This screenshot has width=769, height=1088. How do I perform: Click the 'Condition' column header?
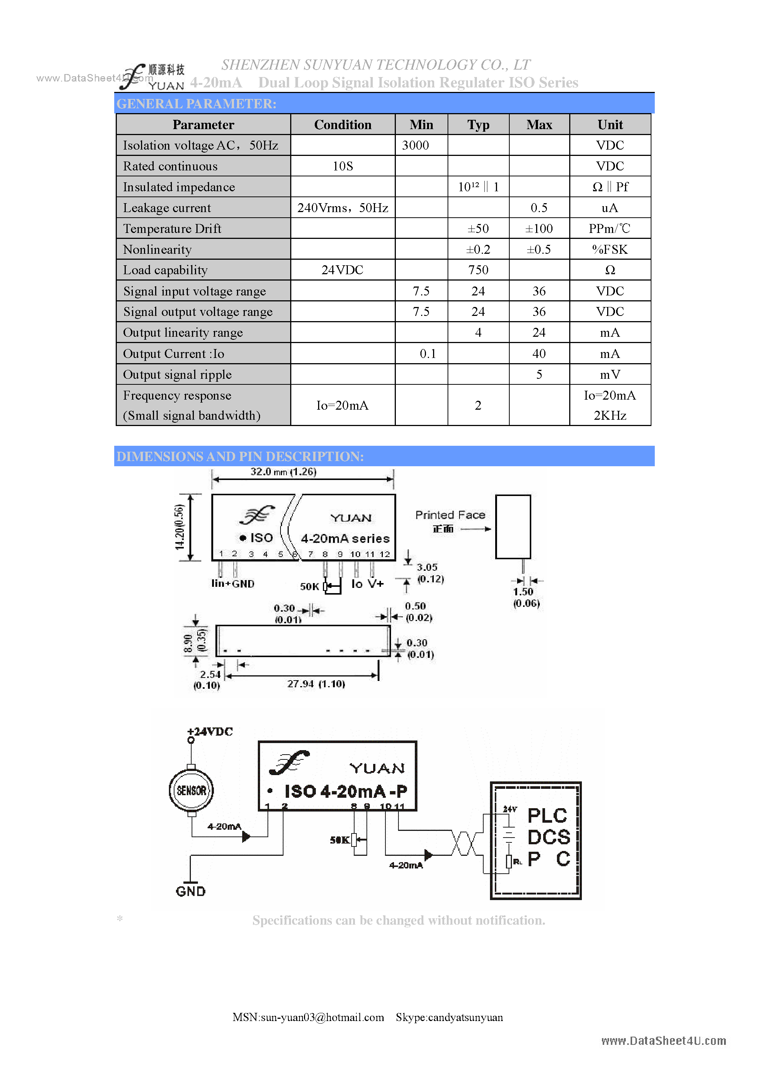click(343, 125)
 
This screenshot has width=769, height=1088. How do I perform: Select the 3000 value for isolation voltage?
click(415, 145)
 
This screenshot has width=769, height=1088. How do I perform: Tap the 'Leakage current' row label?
click(167, 208)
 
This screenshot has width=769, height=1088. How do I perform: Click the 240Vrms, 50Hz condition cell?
click(343, 208)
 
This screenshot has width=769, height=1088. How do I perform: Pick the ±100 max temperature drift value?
click(539, 229)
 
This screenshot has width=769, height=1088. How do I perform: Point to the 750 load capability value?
click(478, 270)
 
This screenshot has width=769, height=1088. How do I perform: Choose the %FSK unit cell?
click(610, 250)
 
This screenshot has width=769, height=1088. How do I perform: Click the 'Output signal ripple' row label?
click(177, 375)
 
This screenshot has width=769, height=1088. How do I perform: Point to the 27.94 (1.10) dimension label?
click(316, 684)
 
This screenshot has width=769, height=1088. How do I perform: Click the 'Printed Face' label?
click(450, 515)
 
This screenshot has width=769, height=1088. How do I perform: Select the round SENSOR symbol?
click(192, 790)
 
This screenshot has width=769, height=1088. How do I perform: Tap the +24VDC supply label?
click(210, 732)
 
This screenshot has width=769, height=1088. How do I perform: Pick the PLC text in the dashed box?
click(547, 816)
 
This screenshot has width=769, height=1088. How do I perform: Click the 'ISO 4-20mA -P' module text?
click(345, 791)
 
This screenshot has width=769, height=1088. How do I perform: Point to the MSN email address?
click(308, 1017)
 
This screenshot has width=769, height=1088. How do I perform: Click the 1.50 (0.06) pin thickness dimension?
click(526, 598)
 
